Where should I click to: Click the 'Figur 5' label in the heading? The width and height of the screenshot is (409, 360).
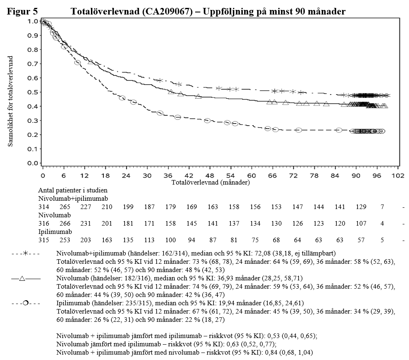[x=22, y=12]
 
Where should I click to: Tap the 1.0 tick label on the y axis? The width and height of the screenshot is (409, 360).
[x=32, y=21]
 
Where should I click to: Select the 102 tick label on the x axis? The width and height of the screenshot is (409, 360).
[x=398, y=175]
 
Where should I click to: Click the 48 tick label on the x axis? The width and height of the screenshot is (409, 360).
[x=210, y=175]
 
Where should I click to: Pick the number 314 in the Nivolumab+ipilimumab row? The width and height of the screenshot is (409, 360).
[x=43, y=207]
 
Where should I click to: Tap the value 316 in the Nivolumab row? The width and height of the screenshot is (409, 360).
[x=43, y=224]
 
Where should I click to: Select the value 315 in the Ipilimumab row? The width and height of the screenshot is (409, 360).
[x=43, y=240]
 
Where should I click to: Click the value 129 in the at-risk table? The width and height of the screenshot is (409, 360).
[x=356, y=207]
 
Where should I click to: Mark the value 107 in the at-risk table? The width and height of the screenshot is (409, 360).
[x=356, y=224]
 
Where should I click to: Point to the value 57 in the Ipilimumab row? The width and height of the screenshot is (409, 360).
[x=356, y=240]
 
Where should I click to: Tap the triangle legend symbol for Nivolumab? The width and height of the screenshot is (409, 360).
[x=23, y=278]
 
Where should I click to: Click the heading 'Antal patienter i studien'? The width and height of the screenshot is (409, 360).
[x=73, y=190]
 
